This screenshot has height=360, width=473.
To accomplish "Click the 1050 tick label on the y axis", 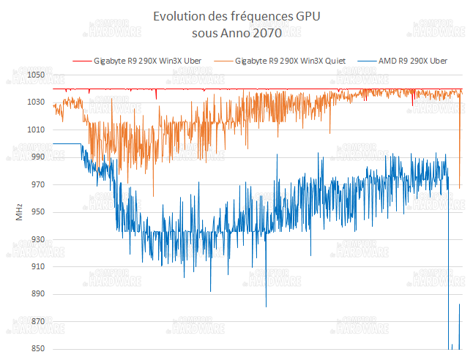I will point(36,75).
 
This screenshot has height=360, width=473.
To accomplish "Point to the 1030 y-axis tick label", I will point(36,102).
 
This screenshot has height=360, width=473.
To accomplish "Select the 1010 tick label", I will point(36,130).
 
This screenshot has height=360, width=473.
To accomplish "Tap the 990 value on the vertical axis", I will point(38,157).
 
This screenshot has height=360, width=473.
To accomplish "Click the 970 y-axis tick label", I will point(38,184).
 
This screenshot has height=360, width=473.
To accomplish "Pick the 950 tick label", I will point(38,211).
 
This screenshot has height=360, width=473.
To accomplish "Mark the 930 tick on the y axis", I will point(38,239).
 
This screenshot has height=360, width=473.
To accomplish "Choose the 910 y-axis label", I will point(38,266).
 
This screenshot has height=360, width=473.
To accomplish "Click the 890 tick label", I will point(38,294).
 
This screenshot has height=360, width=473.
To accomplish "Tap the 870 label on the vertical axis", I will point(38,321).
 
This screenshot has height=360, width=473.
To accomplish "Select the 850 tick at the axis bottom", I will point(38,349).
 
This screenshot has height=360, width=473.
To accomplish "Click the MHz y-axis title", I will point(19,212).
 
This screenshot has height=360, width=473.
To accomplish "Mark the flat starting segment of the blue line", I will point(67,144).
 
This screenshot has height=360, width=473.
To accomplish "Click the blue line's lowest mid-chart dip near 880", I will point(266,306).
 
